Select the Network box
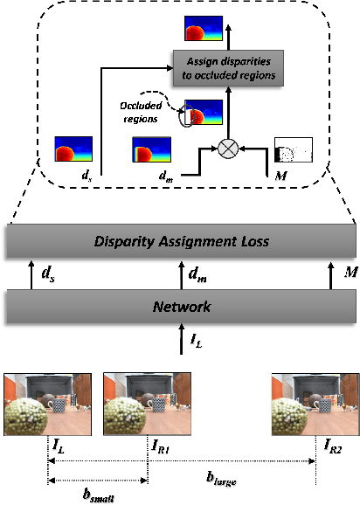179,308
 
